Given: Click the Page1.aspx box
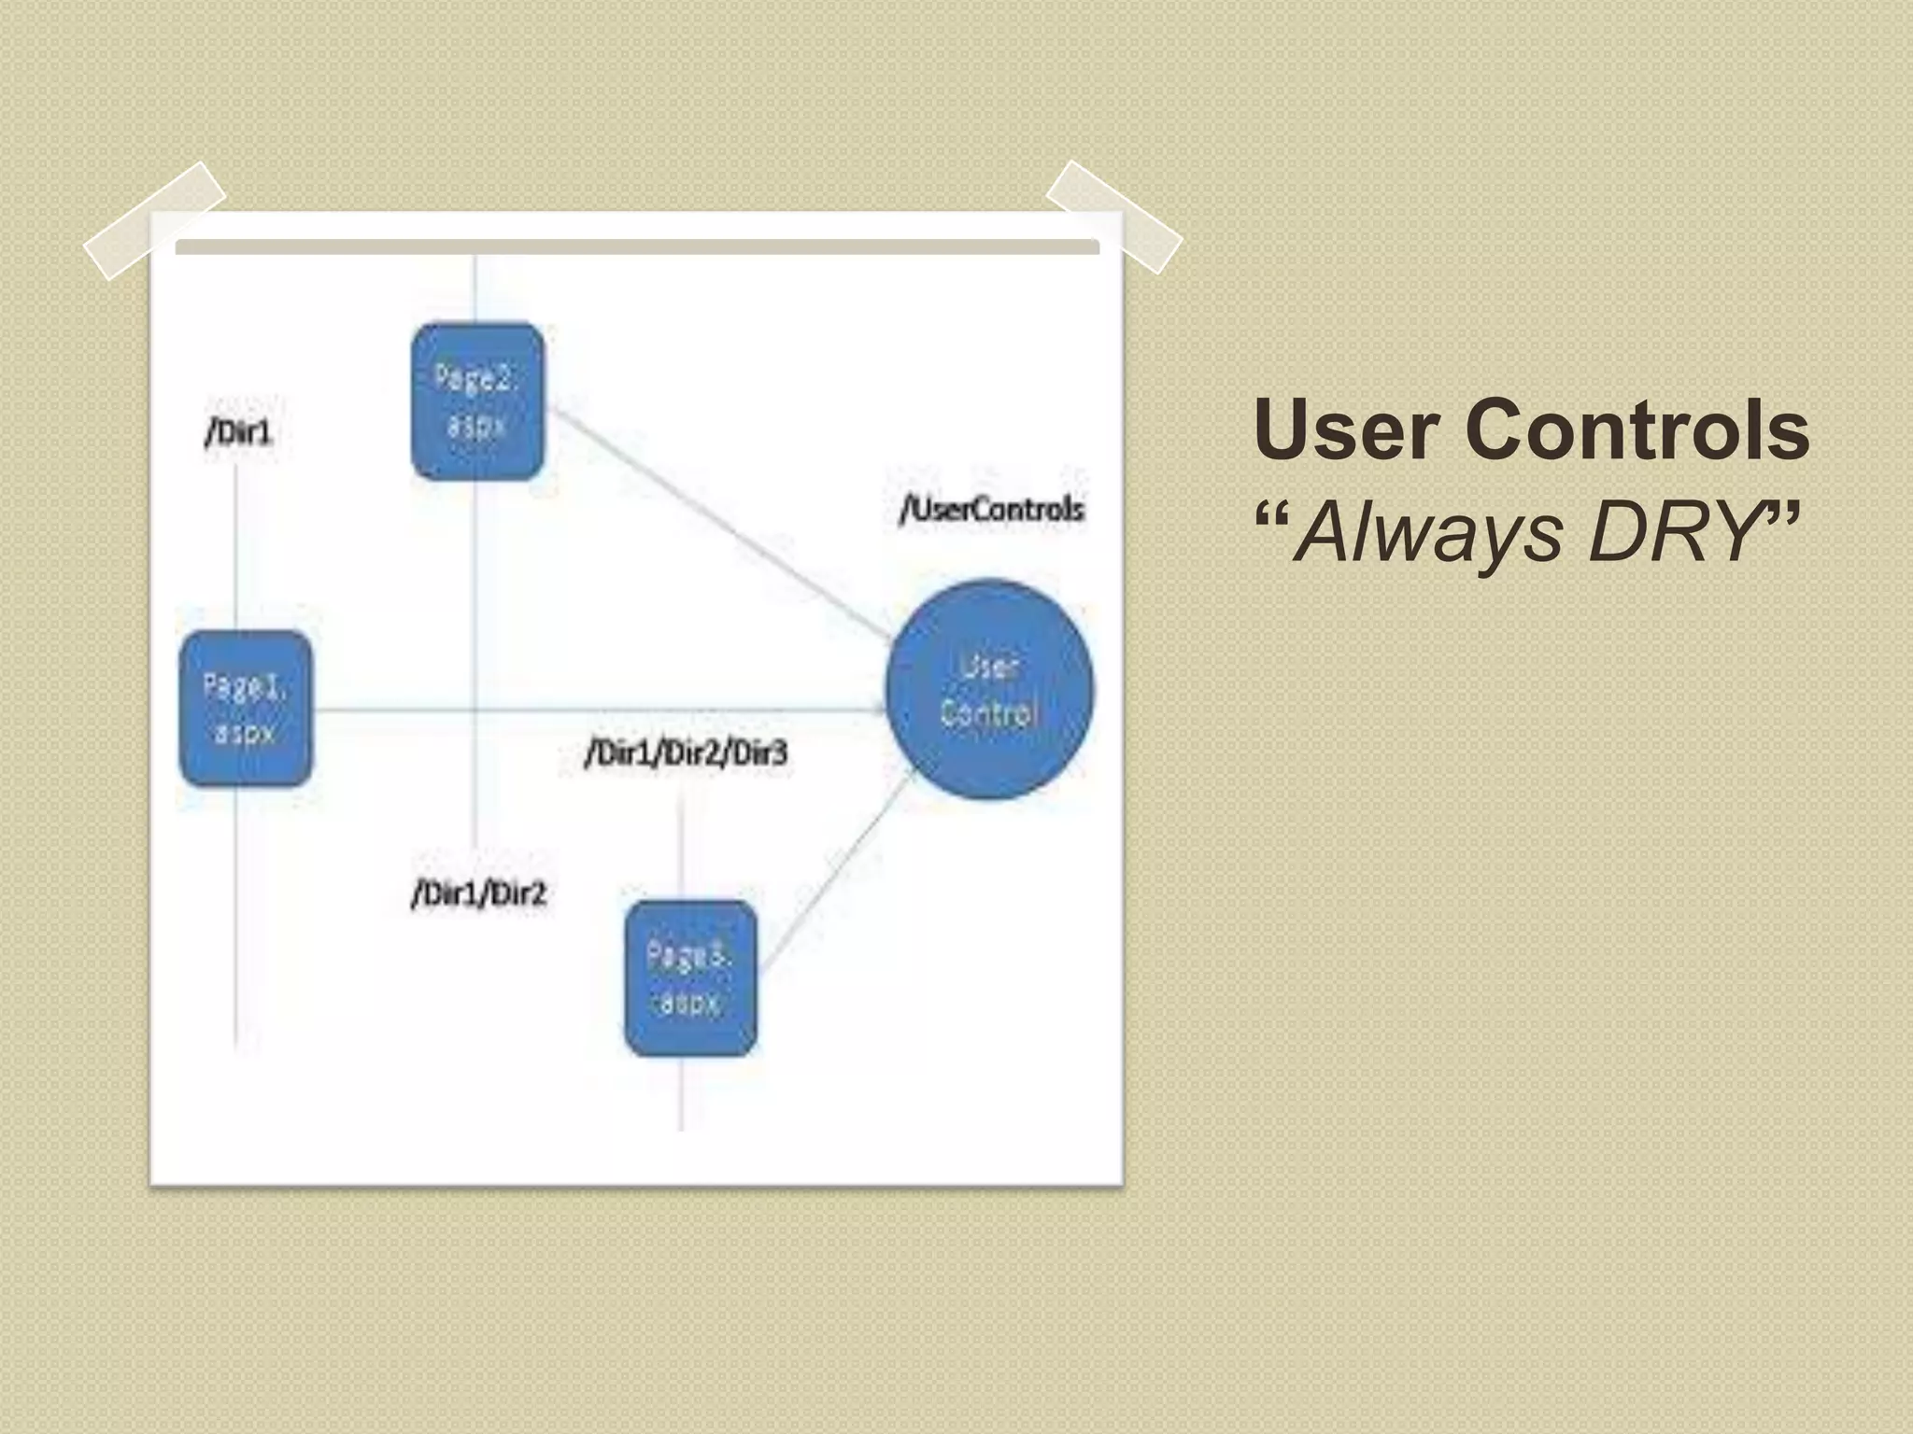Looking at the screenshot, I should click(x=246, y=709).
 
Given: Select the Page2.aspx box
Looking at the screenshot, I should click(x=477, y=402).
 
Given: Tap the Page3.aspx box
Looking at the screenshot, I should click(x=690, y=978).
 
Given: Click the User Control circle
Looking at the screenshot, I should click(x=989, y=689).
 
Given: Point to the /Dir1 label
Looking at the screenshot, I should click(x=239, y=432).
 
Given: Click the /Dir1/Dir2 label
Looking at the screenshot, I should click(x=479, y=894).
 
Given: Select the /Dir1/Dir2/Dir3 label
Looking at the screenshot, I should click(x=687, y=752).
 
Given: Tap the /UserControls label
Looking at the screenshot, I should click(x=991, y=510).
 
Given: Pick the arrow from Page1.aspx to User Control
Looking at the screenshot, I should click(x=598, y=711).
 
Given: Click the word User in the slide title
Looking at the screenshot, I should click(x=1346, y=430).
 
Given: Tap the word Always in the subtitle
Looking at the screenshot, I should click(x=1429, y=533).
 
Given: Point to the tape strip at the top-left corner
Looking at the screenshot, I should click(x=155, y=220).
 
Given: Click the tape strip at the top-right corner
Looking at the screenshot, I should click(x=1113, y=217).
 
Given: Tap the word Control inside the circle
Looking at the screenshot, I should click(x=989, y=714).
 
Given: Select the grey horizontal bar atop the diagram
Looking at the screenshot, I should click(x=637, y=246).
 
